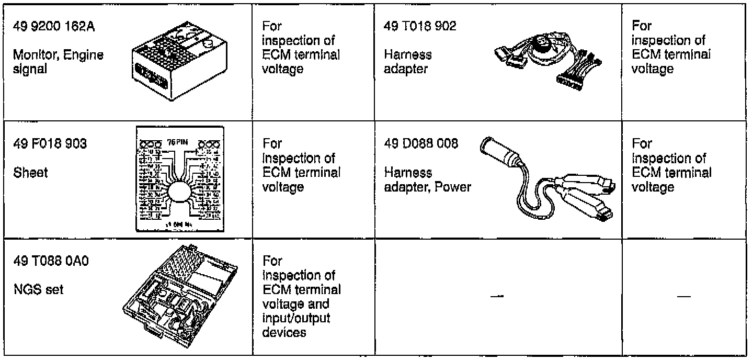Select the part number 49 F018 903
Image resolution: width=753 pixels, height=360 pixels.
pyautogui.click(x=51, y=143)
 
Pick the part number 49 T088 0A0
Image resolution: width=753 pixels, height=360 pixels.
pyautogui.click(x=51, y=261)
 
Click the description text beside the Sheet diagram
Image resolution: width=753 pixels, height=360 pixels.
pyautogui.click(x=302, y=165)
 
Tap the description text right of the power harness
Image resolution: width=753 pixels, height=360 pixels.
pyautogui.click(x=672, y=165)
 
